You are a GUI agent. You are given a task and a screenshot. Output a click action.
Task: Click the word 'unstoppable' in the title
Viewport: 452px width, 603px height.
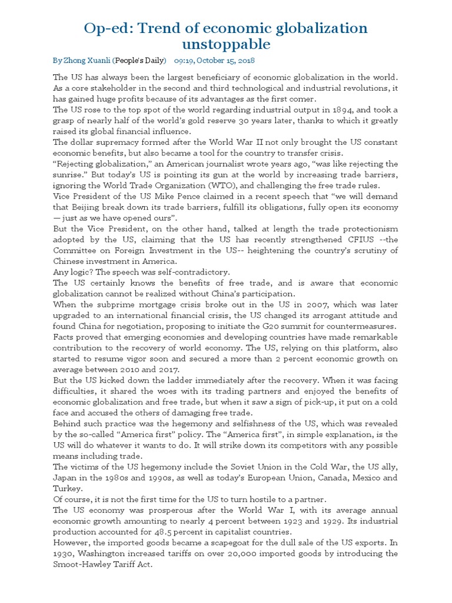[x=226, y=44]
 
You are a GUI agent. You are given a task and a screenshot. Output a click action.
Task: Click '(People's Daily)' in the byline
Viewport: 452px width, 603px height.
[x=139, y=61]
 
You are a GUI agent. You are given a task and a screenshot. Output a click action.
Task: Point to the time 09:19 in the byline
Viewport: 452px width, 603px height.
[x=185, y=61]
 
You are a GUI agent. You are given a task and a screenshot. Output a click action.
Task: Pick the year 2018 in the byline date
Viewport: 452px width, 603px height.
[x=244, y=61]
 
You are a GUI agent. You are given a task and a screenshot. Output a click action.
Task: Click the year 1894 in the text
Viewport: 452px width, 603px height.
[x=337, y=110]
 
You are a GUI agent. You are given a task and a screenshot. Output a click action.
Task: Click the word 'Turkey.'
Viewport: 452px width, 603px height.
[x=68, y=489]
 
